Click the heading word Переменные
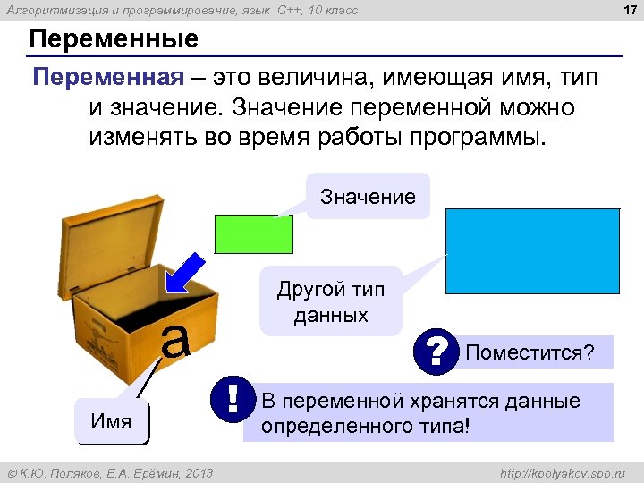coord(114,40)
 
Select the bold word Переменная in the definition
coord(106,77)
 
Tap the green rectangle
coord(254,233)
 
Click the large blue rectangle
coord(532,251)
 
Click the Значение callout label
coord(368,197)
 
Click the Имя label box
coord(112,421)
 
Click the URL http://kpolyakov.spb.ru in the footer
coord(563,472)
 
